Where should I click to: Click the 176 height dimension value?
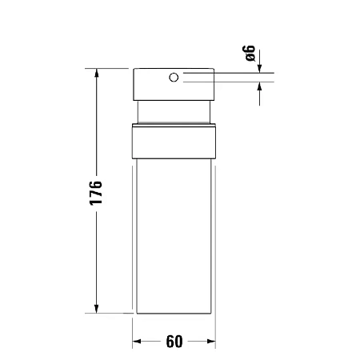[96, 193]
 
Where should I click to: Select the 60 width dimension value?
[174, 342]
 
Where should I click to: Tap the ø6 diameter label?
[250, 54]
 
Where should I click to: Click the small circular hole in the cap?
[173, 78]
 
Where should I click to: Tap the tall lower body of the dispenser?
[174, 232]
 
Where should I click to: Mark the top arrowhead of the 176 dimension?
[97, 74]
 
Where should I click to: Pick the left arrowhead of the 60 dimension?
[138, 342]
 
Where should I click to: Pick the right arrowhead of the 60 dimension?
[210, 342]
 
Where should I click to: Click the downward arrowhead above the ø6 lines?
[259, 70]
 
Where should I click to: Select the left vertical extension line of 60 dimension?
[132, 332]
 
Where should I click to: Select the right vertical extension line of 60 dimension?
[215, 332]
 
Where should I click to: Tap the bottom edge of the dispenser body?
[174, 314]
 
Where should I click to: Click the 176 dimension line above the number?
[97, 128]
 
